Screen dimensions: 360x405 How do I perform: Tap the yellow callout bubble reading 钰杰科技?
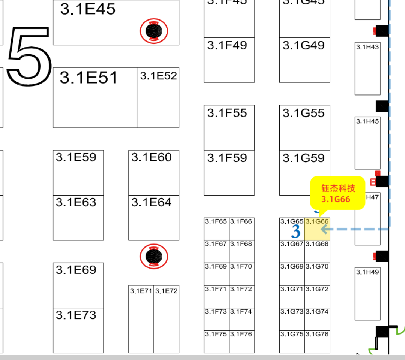tap(337, 193)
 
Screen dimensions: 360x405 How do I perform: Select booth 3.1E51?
tap(95, 97)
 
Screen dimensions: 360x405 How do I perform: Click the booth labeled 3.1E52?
tap(158, 97)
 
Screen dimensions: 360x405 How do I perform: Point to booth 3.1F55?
tap(229, 127)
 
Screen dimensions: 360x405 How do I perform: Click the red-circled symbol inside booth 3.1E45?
tap(154, 31)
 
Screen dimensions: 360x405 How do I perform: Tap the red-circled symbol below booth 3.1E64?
tap(154, 257)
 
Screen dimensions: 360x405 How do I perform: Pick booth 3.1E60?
tap(154, 172)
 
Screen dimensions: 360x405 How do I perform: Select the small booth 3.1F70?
tap(242, 274)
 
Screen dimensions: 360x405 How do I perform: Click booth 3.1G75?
tap(292, 341)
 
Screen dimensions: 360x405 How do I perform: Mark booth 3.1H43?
tap(367, 68)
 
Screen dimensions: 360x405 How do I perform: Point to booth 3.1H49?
tap(367, 294)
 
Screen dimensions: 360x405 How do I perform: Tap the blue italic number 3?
tap(296, 232)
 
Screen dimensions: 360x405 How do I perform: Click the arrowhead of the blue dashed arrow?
tap(322, 229)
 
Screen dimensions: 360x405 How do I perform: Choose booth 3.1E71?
tap(141, 319)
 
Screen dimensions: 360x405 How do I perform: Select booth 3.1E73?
tap(78, 330)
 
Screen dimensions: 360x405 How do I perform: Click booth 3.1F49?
tap(229, 60)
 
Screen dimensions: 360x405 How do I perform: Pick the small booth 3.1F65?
tap(216, 229)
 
